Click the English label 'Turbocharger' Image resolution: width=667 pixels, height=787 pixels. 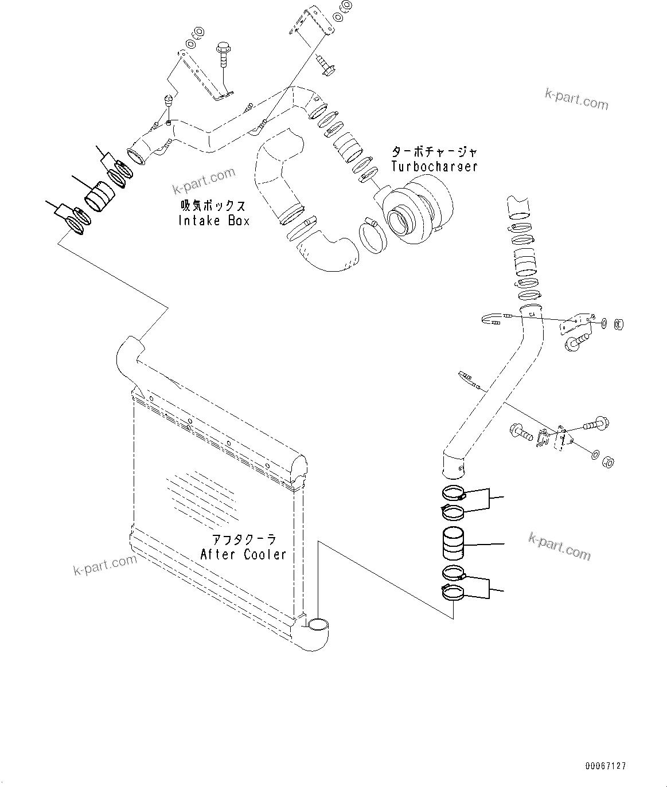tap(434, 167)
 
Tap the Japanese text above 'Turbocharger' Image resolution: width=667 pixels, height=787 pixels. tap(434, 152)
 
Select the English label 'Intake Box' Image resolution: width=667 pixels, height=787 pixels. tap(214, 221)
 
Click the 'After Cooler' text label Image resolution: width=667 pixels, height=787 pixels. tap(243, 554)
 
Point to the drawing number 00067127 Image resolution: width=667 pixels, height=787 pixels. tap(606, 766)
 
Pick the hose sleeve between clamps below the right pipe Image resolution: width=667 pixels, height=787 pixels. tap(454, 543)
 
